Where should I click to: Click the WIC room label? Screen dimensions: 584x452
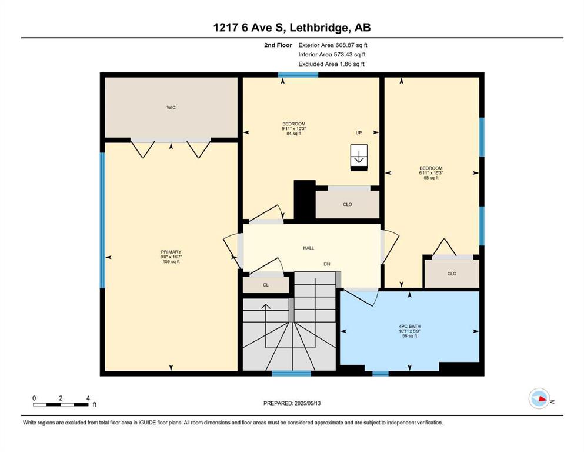[171, 107]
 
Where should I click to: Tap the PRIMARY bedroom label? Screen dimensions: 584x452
[171, 252]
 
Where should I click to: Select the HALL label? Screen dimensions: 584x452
[308, 248]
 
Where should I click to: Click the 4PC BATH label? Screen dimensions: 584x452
[410, 327]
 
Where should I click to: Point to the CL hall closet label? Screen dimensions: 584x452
[266, 285]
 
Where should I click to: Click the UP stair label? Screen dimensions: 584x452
[359, 132]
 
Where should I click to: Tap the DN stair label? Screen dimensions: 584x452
[326, 264]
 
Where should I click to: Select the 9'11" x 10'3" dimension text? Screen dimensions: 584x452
[294, 128]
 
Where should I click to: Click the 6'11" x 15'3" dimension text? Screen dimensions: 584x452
[431, 173]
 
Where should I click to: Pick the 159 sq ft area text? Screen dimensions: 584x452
[171, 261]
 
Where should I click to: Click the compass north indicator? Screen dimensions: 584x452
[539, 398]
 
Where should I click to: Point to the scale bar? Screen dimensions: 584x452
[61, 404]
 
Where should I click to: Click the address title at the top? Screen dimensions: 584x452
[292, 28]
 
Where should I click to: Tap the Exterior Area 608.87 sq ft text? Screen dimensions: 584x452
[333, 45]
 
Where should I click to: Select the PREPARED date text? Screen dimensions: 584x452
[292, 403]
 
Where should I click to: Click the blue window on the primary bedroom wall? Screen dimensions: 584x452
[102, 220]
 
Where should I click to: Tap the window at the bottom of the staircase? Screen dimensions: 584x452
[291, 373]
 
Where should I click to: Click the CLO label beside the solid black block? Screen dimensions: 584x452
[348, 205]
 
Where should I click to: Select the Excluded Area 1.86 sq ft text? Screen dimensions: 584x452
[331, 64]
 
